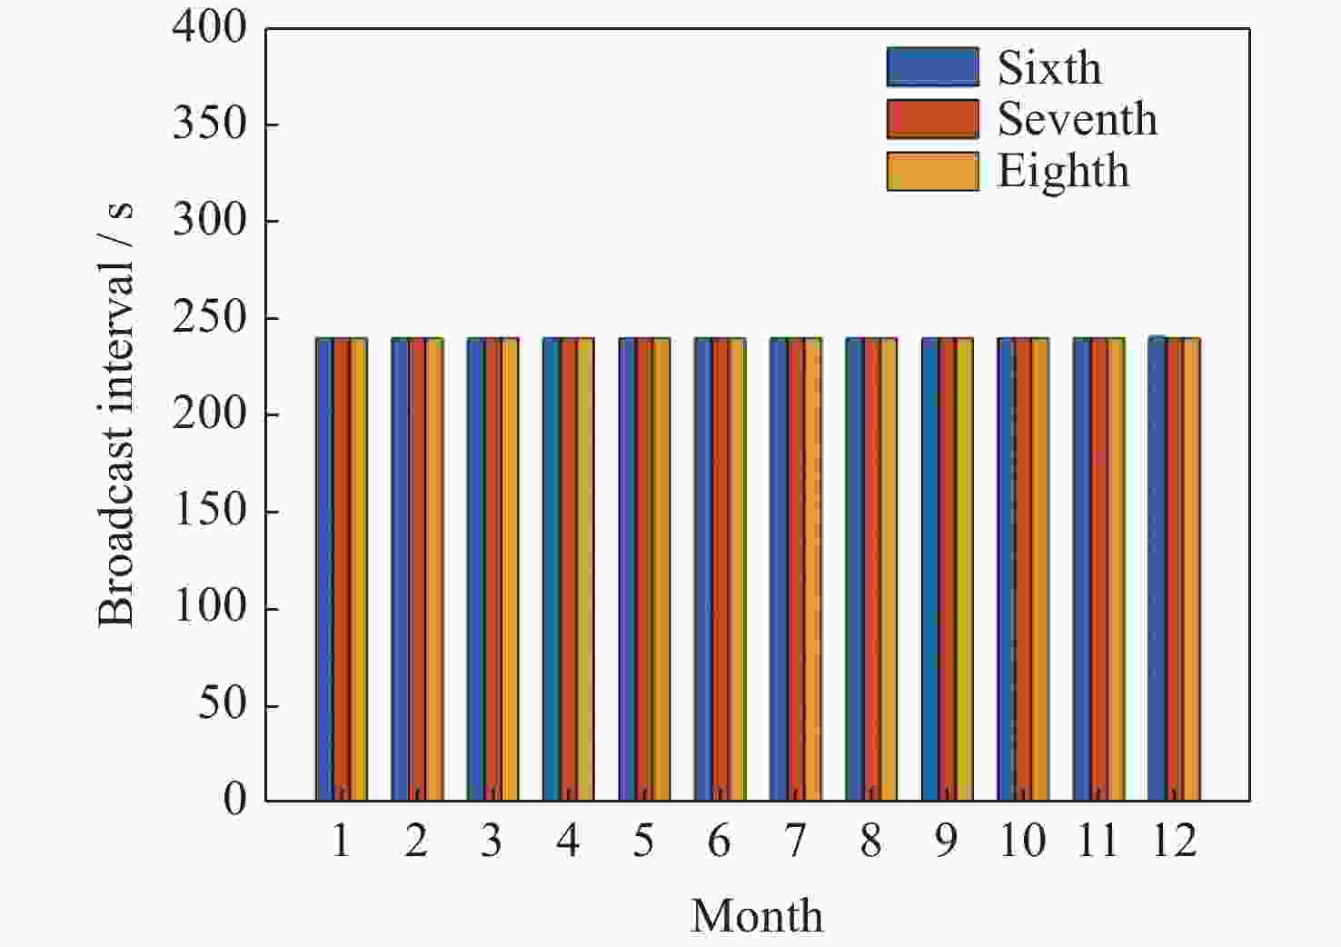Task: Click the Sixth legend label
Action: coord(1049,67)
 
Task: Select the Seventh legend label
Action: coord(1078,119)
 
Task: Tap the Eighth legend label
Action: coord(1063,171)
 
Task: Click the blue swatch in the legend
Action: coord(932,67)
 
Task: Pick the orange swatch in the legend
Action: coord(932,171)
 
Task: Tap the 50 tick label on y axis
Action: coord(222,703)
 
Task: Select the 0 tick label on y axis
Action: coord(234,800)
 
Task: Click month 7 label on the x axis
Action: coord(795,842)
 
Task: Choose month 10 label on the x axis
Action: coord(1022,842)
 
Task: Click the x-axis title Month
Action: coord(757,915)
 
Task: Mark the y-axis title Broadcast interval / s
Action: coord(116,414)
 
